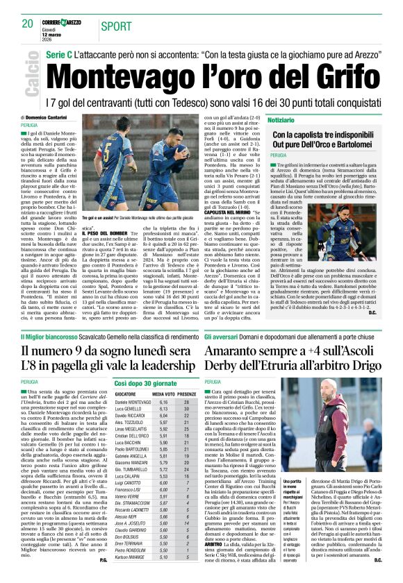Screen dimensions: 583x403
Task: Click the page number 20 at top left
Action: coord(28,24)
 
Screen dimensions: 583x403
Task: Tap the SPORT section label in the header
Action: coord(114,26)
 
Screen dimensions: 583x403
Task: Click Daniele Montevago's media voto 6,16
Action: coord(164,402)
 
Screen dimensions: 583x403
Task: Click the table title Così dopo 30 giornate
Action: coord(147,382)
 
